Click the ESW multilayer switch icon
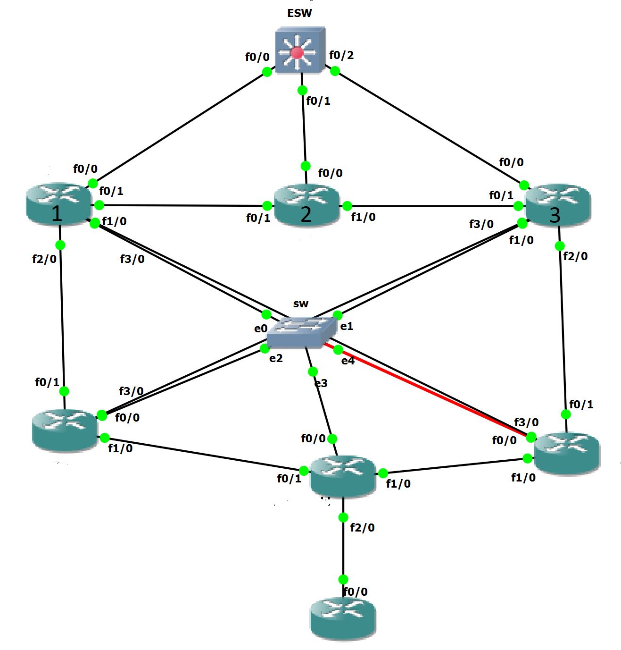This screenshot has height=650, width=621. (x=300, y=50)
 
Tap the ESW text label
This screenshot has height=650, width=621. (x=299, y=13)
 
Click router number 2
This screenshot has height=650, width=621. (x=306, y=205)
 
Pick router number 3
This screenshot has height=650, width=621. (x=558, y=206)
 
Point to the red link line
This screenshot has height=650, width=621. (x=424, y=389)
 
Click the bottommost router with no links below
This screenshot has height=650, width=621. (x=343, y=618)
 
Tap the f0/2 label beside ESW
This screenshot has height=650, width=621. (x=341, y=55)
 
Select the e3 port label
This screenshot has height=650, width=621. (x=321, y=383)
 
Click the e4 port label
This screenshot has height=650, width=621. (x=348, y=361)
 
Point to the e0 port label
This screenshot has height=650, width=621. (x=261, y=329)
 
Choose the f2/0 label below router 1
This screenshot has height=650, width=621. (x=44, y=259)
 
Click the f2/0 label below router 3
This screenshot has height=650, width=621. (x=575, y=256)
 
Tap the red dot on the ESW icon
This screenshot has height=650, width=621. (x=297, y=52)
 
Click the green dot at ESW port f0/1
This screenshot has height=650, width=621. (x=303, y=90)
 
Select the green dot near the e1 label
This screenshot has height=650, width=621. (x=337, y=315)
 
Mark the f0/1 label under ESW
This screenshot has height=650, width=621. (x=318, y=101)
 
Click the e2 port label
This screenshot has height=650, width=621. (x=276, y=358)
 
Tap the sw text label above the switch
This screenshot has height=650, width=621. (x=300, y=304)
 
